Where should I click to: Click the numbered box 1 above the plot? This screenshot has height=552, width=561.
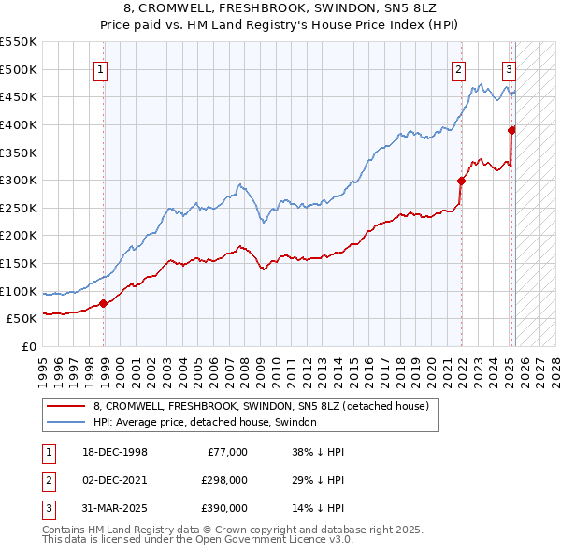point(99,68)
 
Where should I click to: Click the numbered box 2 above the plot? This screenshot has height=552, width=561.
point(459,68)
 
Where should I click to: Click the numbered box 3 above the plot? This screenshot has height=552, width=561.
point(509,68)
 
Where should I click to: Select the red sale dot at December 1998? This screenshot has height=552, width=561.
point(104,303)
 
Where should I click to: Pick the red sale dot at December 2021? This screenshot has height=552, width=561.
point(462,181)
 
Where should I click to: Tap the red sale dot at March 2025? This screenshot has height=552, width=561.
point(512,130)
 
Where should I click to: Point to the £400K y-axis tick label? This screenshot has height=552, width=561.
point(20,124)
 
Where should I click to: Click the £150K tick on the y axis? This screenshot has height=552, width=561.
point(20,263)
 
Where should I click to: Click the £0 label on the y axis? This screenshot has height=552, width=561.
point(29,346)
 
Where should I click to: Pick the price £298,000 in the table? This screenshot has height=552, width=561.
point(225,480)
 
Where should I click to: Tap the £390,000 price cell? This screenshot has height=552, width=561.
point(225,508)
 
